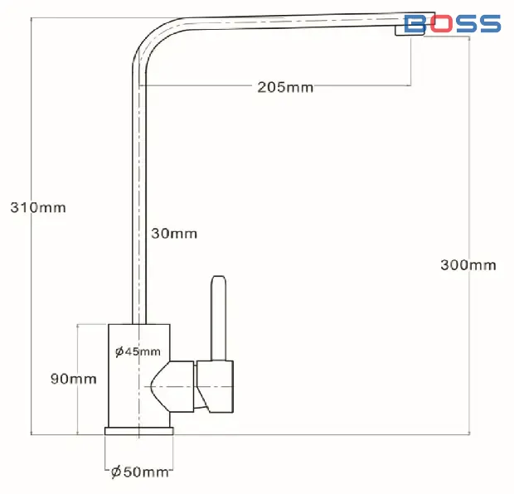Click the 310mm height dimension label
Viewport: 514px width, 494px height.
pyautogui.click(x=38, y=207)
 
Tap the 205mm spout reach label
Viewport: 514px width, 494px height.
pyautogui.click(x=285, y=87)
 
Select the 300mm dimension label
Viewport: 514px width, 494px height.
pyautogui.click(x=468, y=265)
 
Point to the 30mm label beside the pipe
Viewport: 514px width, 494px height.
pyautogui.click(x=174, y=234)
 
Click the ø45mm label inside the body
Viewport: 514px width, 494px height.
pyautogui.click(x=138, y=351)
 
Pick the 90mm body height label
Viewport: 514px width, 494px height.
pyautogui.click(x=74, y=379)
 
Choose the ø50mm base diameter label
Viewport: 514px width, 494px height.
pyautogui.click(x=139, y=472)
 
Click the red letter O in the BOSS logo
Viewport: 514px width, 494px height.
pyautogui.click(x=440, y=23)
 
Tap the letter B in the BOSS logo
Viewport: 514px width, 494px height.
pyautogui.click(x=415, y=23)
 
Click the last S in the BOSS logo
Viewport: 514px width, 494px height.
pyautogui.click(x=489, y=23)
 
